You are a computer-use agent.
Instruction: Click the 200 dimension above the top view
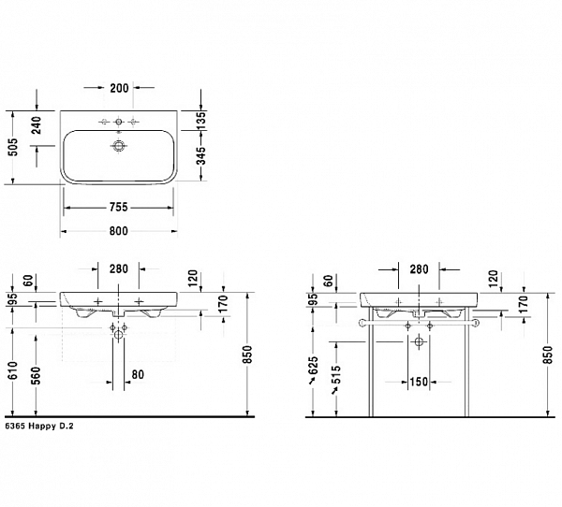click(118, 88)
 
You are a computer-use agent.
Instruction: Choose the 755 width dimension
click(118, 208)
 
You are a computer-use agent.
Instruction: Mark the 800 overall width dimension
click(118, 230)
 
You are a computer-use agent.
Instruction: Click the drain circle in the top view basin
click(118, 147)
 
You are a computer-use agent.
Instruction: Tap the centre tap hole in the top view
click(118, 123)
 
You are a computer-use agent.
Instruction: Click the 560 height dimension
click(37, 374)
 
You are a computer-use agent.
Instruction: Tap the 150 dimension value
click(418, 382)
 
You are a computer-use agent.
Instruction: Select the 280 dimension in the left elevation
click(118, 269)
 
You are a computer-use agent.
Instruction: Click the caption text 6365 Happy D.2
click(38, 425)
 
